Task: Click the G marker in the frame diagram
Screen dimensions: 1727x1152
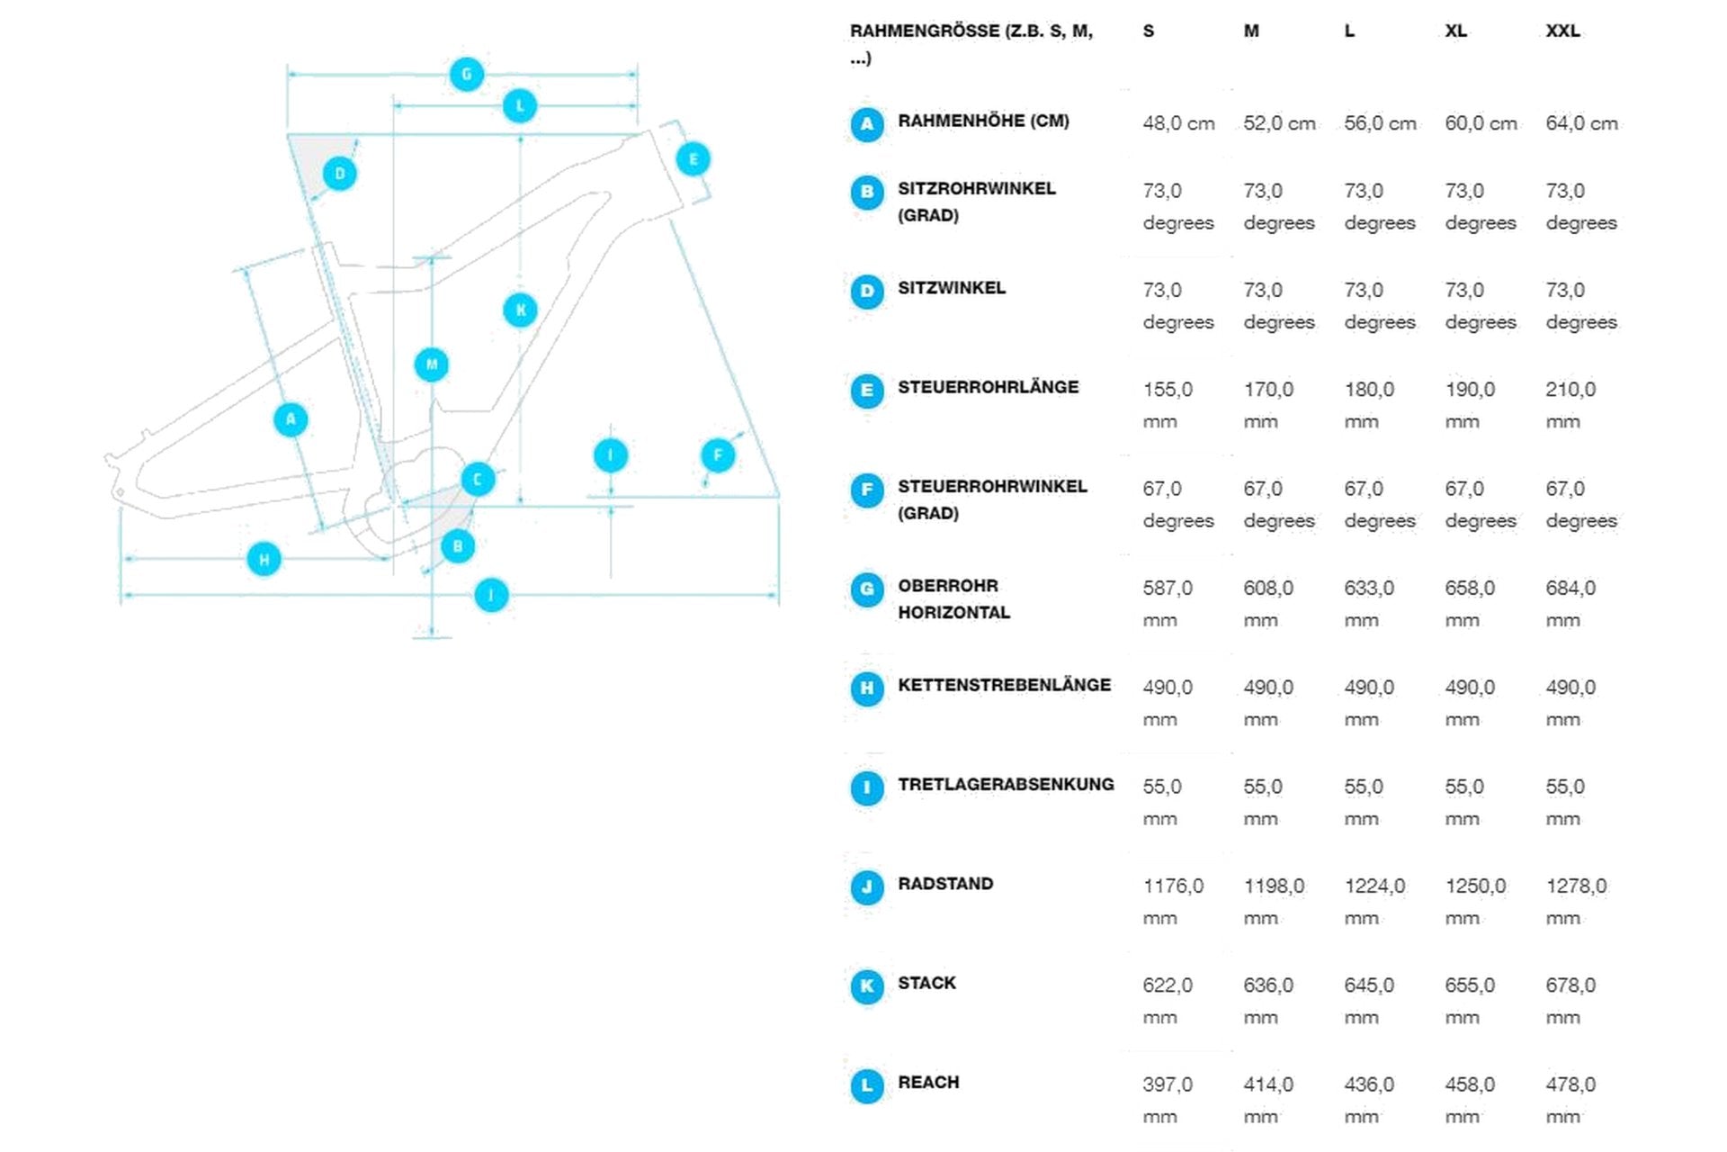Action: [466, 74]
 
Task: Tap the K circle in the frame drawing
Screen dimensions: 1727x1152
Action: [520, 310]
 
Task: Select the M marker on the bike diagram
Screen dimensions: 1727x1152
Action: [432, 364]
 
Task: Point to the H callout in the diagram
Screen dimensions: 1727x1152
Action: [264, 559]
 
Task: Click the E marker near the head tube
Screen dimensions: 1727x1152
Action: [693, 159]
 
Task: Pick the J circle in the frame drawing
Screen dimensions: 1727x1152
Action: [491, 595]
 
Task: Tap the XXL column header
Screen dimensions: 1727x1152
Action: [1562, 31]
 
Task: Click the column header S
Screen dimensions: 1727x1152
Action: [1149, 31]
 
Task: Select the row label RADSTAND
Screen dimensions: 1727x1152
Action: [945, 884]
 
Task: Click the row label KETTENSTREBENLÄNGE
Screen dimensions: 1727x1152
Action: [1004, 685]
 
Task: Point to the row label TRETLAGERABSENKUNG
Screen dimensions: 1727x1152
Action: [1006, 784]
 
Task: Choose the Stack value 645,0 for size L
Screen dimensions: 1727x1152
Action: [1369, 1001]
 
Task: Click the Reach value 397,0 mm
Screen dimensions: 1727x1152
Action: [1168, 1100]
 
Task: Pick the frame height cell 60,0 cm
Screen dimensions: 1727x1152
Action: [1481, 123]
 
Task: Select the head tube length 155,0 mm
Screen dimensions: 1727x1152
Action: [1168, 405]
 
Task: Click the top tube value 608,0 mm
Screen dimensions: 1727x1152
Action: [1268, 604]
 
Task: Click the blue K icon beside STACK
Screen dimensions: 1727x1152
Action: [867, 986]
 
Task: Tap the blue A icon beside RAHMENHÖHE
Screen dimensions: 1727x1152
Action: [867, 124]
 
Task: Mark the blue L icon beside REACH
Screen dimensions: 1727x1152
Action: [867, 1085]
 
